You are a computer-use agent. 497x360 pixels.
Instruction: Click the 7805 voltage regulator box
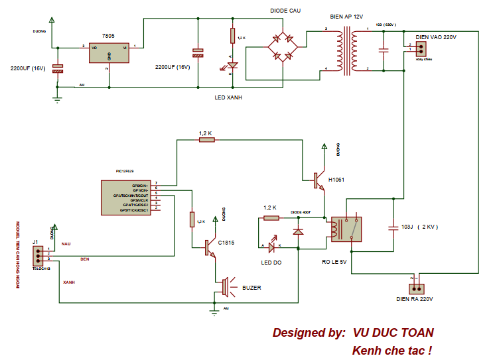coord(109,53)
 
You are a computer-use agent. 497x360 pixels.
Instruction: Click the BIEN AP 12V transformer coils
coord(346,51)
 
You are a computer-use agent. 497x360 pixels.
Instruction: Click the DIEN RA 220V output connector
coord(416,288)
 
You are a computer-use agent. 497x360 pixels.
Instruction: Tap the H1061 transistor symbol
coord(320,180)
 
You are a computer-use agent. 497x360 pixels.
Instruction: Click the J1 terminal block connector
coord(39,255)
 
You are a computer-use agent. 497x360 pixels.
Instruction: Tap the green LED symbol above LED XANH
coord(232,66)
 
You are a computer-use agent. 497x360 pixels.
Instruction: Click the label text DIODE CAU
coord(287,11)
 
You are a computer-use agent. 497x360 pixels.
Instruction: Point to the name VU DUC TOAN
coord(393,333)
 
